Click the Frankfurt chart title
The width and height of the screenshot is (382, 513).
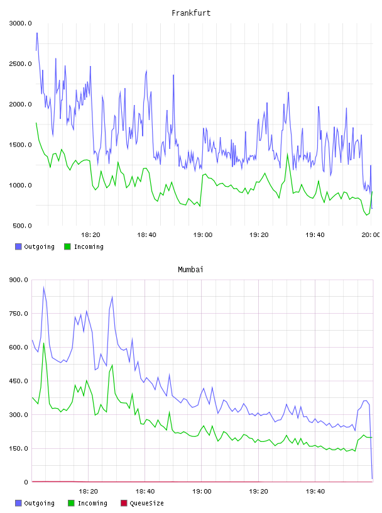(191, 13)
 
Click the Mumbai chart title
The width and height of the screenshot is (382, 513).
(190, 270)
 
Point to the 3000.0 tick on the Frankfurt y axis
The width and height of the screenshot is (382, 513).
(20, 23)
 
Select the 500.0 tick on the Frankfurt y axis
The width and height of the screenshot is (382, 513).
(22, 226)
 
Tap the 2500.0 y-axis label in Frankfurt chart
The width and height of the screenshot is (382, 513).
(20, 63)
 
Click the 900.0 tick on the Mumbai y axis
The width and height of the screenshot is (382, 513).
(19, 280)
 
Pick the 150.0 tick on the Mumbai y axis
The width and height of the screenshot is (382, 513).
(19, 448)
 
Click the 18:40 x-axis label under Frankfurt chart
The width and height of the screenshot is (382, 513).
(146, 234)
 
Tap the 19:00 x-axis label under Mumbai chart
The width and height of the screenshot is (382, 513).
(202, 491)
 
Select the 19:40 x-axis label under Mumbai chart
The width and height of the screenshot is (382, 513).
(315, 491)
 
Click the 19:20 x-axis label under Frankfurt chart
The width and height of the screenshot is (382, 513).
(259, 234)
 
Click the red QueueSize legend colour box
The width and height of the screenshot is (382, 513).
(124, 503)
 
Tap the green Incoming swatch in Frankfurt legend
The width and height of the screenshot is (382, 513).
(67, 246)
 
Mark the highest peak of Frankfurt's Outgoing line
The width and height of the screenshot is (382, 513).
(37, 33)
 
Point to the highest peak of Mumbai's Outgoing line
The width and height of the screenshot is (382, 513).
(44, 287)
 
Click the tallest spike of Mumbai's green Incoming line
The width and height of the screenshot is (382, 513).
(44, 343)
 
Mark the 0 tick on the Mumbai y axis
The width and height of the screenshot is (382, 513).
(26, 482)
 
